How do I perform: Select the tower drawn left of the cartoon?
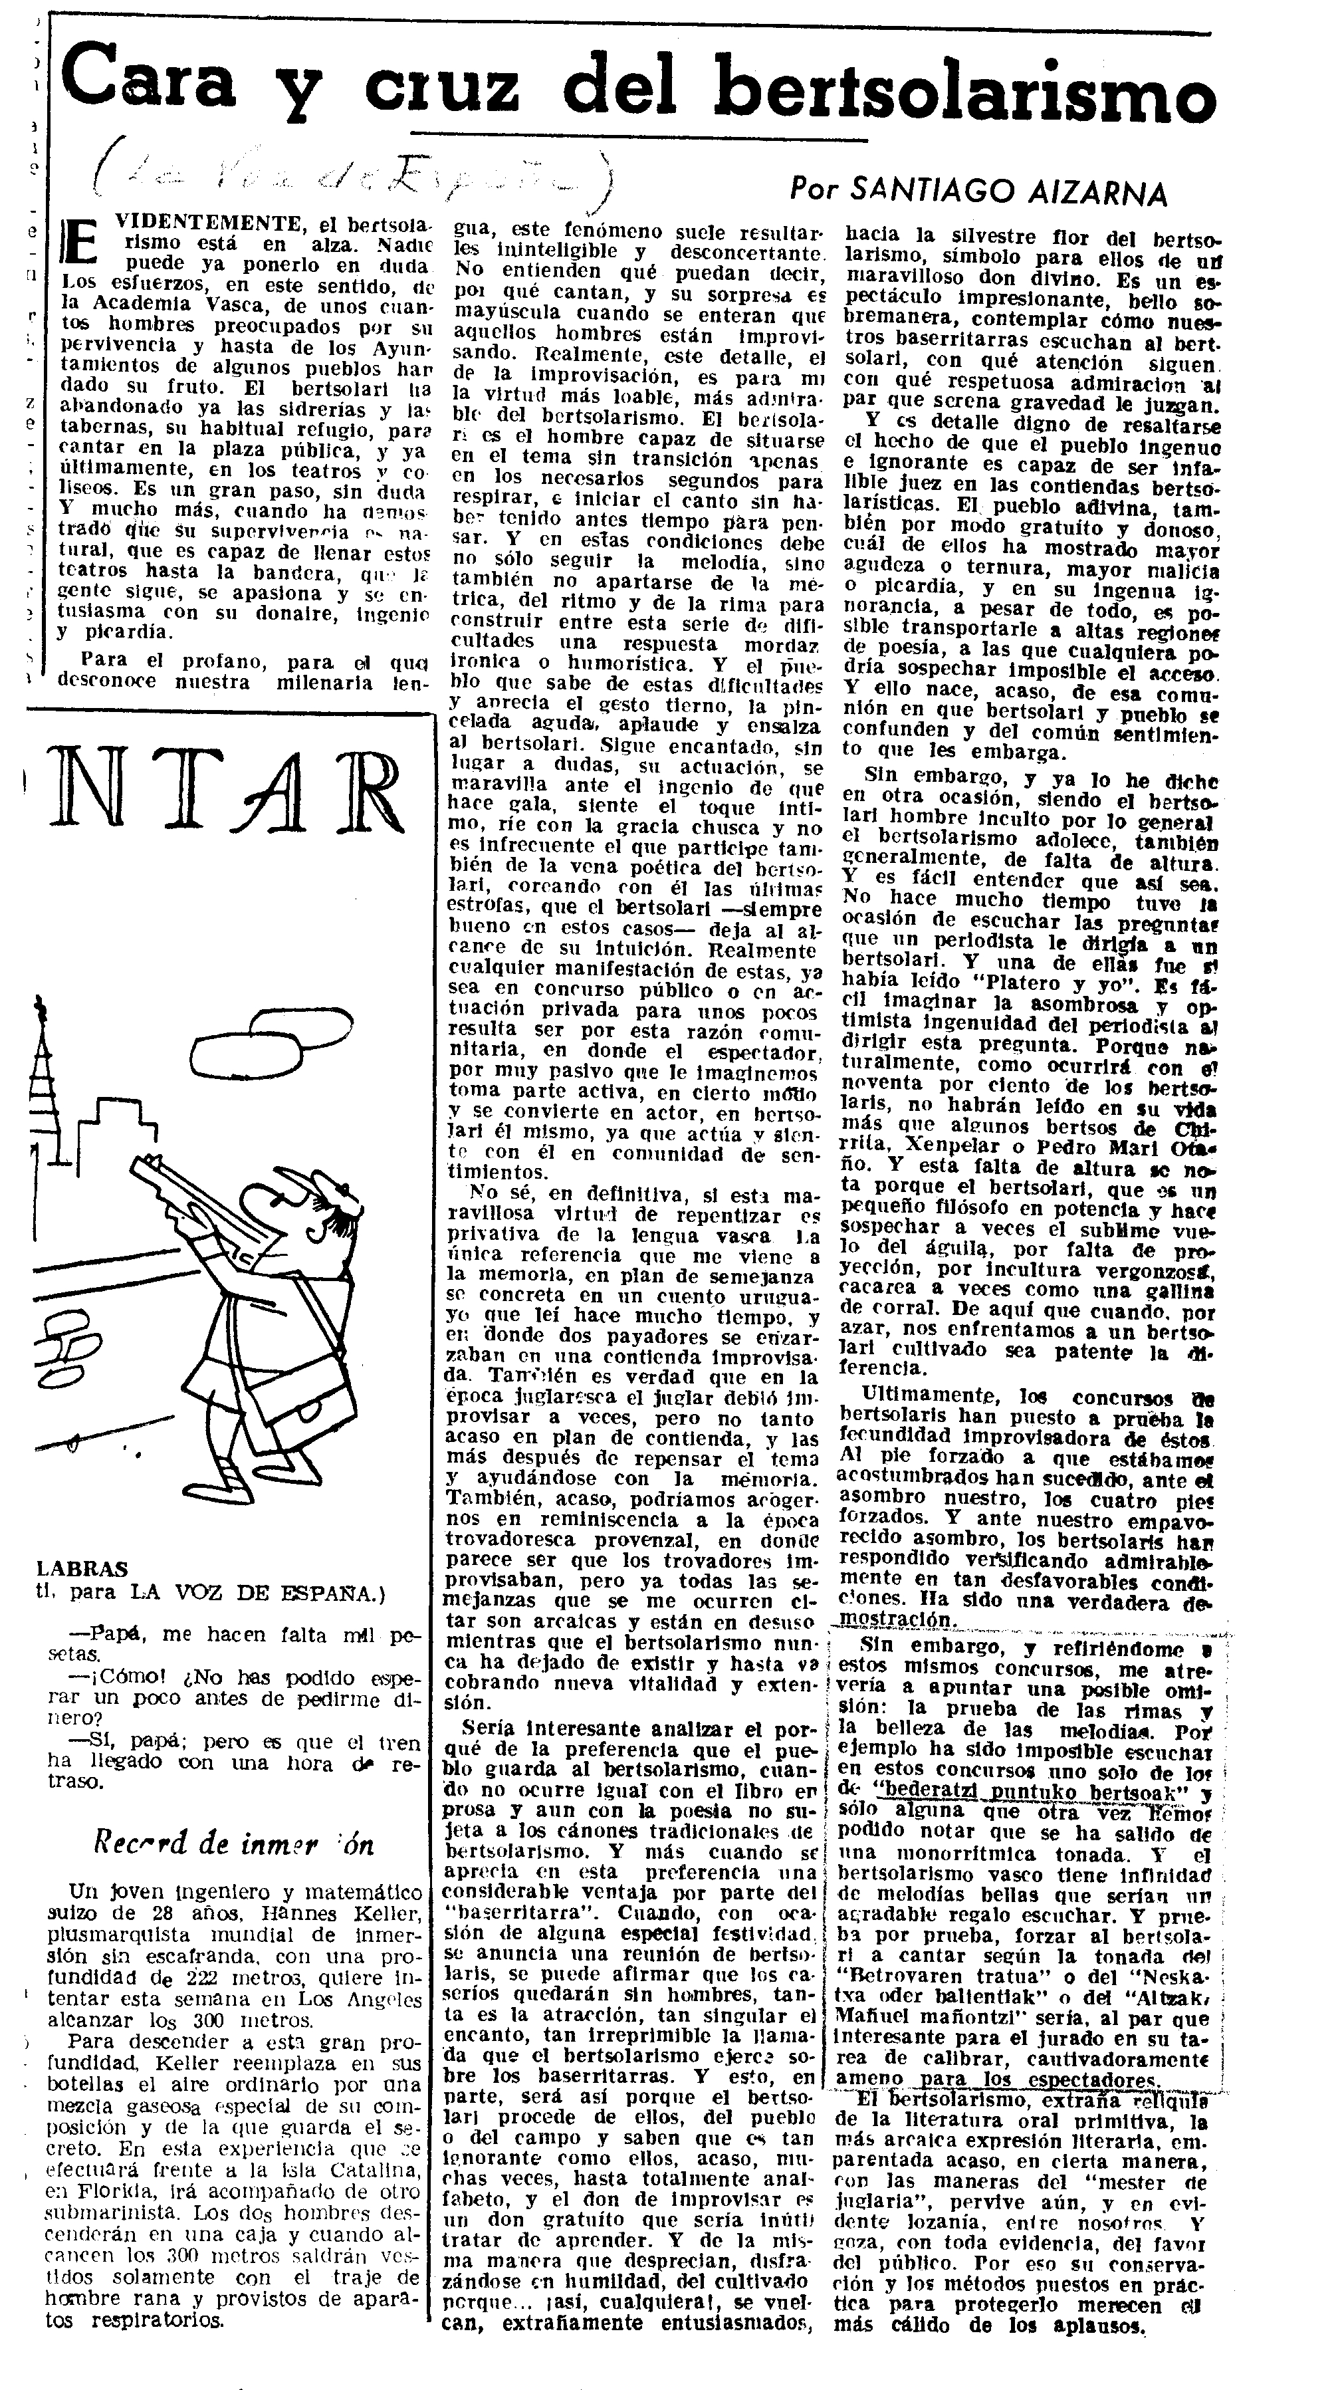(42, 1076)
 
